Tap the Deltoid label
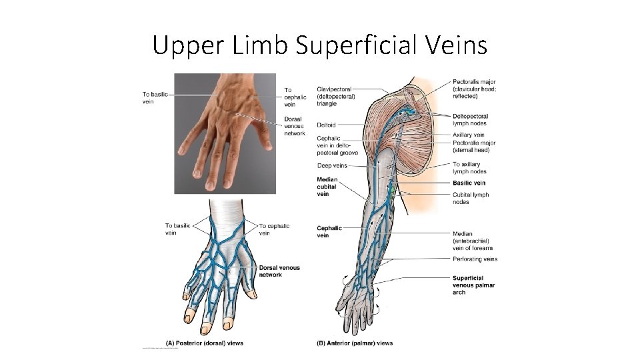(x=326, y=125)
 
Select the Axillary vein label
(x=468, y=135)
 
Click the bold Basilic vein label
(x=469, y=183)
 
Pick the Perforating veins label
(x=475, y=259)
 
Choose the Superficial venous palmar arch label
(x=473, y=285)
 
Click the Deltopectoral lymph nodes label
(x=470, y=120)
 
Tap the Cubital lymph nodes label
(x=471, y=198)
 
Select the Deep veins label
(x=332, y=165)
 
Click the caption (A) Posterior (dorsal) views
(x=204, y=343)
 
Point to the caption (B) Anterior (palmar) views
(x=355, y=343)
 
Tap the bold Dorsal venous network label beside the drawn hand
(x=279, y=271)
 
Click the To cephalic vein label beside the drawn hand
(x=274, y=229)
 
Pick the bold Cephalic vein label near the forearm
(x=329, y=231)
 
